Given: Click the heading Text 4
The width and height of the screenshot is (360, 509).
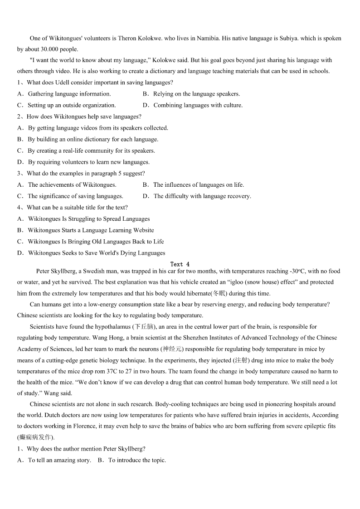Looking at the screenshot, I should (x=180, y=264).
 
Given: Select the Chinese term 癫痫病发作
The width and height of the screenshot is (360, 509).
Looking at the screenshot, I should (x=35, y=437).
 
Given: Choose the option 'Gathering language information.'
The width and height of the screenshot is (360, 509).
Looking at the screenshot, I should (x=69, y=94).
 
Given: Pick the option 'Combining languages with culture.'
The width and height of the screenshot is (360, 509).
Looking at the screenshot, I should (x=198, y=105).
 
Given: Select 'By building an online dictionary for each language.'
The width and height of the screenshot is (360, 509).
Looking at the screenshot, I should (x=93, y=139).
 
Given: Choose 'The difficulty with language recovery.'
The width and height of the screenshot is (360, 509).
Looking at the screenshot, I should (x=202, y=196).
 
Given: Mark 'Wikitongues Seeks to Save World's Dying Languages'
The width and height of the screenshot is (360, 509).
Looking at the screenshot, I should (x=97, y=253).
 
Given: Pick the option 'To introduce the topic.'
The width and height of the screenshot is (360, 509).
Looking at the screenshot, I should (x=137, y=460).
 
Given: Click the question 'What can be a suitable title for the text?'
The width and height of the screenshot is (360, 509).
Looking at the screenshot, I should (x=77, y=208).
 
